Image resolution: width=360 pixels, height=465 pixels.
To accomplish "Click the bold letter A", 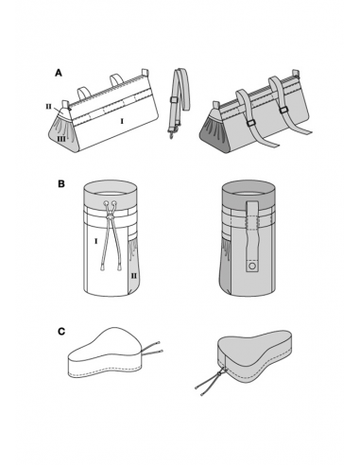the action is [x=59, y=73].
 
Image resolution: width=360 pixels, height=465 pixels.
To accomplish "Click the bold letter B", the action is [x=61, y=183].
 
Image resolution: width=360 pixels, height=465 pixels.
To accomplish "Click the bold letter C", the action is [x=61, y=332].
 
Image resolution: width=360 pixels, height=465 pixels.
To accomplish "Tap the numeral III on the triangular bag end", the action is [x=61, y=138].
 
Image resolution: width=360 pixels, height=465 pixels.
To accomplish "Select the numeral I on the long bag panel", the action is [x=122, y=121].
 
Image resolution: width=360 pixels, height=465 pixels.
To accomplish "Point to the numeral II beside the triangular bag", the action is [x=48, y=107].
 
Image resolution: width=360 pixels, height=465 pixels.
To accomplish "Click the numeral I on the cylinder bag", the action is [x=95, y=241].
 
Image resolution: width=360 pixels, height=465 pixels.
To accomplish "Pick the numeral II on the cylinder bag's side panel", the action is [x=134, y=276].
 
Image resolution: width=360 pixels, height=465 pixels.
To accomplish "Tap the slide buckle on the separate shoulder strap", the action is [x=174, y=100].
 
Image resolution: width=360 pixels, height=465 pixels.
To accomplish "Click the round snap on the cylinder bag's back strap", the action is [x=252, y=267].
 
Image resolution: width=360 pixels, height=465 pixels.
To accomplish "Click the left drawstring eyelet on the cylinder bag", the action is [x=106, y=203].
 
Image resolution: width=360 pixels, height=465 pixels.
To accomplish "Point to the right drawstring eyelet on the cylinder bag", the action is [x=114, y=203].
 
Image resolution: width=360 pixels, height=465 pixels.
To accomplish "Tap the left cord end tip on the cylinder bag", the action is [x=102, y=268].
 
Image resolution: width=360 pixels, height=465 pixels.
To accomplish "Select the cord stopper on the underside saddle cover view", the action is [x=219, y=373].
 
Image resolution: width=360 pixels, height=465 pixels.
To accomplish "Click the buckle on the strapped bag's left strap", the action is [x=251, y=124].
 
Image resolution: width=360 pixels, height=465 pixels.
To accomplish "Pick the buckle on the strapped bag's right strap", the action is [x=283, y=110].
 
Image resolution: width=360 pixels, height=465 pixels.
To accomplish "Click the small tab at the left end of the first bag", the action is [x=66, y=104].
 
